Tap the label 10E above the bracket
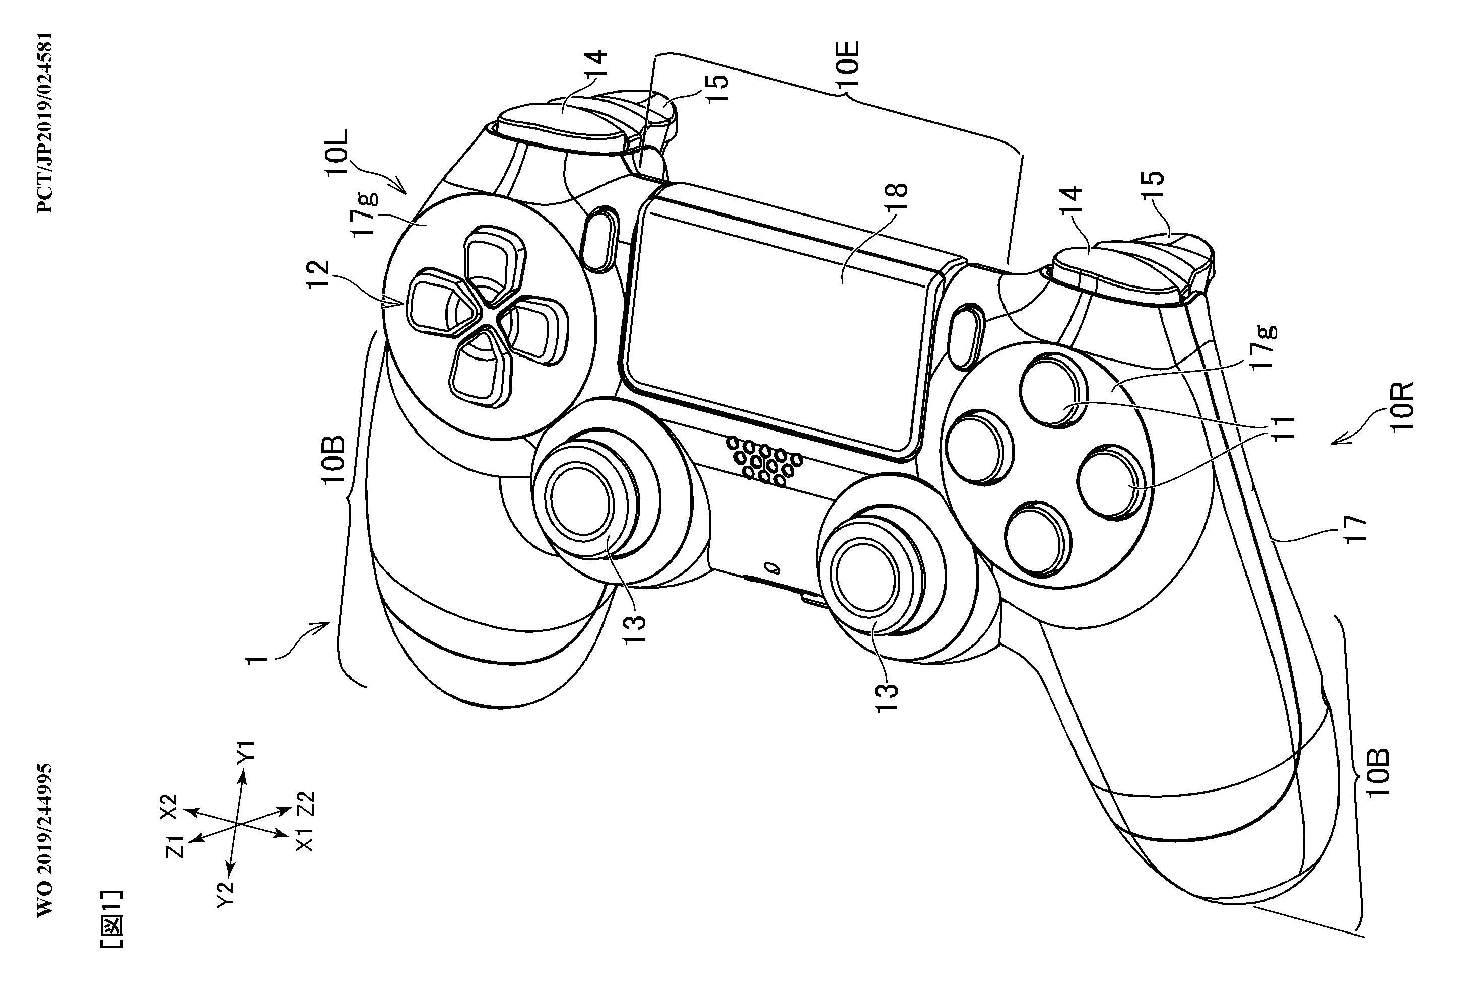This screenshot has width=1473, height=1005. (847, 65)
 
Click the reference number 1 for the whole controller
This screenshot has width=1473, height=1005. (258, 660)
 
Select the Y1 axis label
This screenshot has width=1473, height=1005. (246, 750)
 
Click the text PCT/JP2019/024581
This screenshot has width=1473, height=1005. (44, 123)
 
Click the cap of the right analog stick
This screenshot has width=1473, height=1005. (866, 576)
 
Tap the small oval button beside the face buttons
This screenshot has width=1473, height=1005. (967, 336)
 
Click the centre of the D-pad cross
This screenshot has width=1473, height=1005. (488, 312)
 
